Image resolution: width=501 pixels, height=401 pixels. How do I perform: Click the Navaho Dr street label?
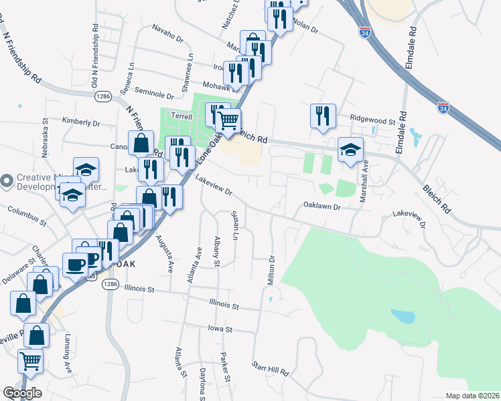coord(167,33)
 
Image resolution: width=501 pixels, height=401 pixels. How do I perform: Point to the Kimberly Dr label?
coord(80,123)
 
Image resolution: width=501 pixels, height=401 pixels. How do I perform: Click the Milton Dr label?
coord(272,270)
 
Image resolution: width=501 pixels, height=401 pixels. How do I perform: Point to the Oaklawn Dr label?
coord(322,207)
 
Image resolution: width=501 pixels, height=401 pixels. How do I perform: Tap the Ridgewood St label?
coord(372,121)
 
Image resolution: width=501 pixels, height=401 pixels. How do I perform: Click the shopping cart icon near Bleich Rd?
coord(228,120)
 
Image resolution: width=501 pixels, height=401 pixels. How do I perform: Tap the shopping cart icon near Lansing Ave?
coord(30,360)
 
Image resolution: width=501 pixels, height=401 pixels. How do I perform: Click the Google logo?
coord(22,392)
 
